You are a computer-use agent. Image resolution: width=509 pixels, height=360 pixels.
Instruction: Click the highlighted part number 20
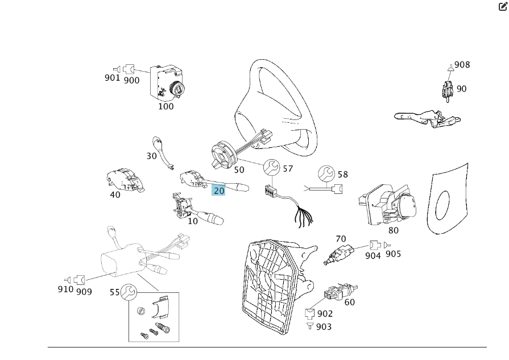(219, 191)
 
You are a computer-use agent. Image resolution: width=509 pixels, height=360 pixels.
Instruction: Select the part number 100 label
(165, 106)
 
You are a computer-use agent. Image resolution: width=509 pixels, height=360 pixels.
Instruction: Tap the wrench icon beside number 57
(271, 168)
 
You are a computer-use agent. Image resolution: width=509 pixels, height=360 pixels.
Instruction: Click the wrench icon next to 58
(326, 173)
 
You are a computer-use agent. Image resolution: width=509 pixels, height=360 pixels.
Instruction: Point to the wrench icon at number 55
(129, 292)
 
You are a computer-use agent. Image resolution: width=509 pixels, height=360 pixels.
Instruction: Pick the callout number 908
(462, 65)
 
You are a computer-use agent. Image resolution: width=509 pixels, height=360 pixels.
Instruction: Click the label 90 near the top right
(461, 89)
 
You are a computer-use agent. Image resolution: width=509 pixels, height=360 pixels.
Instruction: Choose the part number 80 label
(393, 230)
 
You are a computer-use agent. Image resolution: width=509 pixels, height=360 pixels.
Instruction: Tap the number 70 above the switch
(341, 239)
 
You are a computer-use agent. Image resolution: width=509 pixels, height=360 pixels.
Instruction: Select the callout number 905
(393, 254)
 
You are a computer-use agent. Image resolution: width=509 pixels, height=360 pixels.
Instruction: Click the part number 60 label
(349, 302)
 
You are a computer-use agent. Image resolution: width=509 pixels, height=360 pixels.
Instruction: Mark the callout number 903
(323, 326)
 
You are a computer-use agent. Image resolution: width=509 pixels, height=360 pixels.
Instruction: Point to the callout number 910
(65, 288)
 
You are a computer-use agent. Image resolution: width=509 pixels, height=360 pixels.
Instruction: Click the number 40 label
(115, 195)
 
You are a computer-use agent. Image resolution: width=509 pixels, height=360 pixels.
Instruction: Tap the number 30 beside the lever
(151, 155)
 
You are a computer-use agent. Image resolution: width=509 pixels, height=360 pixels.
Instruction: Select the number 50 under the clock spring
(239, 169)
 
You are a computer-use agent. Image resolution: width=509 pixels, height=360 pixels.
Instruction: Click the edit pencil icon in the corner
(503, 7)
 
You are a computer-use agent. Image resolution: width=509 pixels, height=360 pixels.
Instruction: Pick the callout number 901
(112, 77)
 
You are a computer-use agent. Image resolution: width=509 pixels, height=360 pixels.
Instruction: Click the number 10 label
(193, 221)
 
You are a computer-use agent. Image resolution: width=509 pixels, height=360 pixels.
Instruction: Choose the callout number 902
(325, 313)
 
